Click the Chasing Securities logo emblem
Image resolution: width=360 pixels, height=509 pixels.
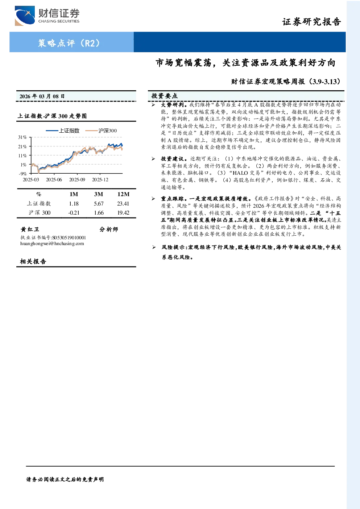[25, 16]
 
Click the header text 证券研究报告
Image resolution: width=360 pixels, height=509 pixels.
[311, 22]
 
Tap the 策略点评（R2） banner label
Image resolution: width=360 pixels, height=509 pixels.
[69, 43]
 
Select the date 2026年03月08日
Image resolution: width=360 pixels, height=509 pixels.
[42, 96]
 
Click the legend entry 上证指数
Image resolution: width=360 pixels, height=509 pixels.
[63, 131]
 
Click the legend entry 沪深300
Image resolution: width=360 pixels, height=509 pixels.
[101, 131]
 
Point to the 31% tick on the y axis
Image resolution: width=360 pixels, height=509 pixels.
[22, 137]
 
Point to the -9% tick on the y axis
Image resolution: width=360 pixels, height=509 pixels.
[23, 174]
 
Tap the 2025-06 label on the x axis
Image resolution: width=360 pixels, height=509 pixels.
[54, 180]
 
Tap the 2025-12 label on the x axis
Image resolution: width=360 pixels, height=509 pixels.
[100, 180]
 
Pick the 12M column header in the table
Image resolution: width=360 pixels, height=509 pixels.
[123, 194]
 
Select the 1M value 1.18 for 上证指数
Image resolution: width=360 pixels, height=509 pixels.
[74, 204]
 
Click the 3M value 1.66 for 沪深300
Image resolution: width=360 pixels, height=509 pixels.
[99, 213]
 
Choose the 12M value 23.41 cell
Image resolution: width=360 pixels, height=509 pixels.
[123, 204]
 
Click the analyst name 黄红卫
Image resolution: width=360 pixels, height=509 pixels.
[30, 229]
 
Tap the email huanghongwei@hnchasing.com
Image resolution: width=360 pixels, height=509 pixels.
[52, 244]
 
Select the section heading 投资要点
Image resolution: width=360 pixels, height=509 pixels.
[165, 96]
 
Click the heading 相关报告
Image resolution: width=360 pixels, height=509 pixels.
[33, 261]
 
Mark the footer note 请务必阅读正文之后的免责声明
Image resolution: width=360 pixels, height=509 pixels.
[65, 480]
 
